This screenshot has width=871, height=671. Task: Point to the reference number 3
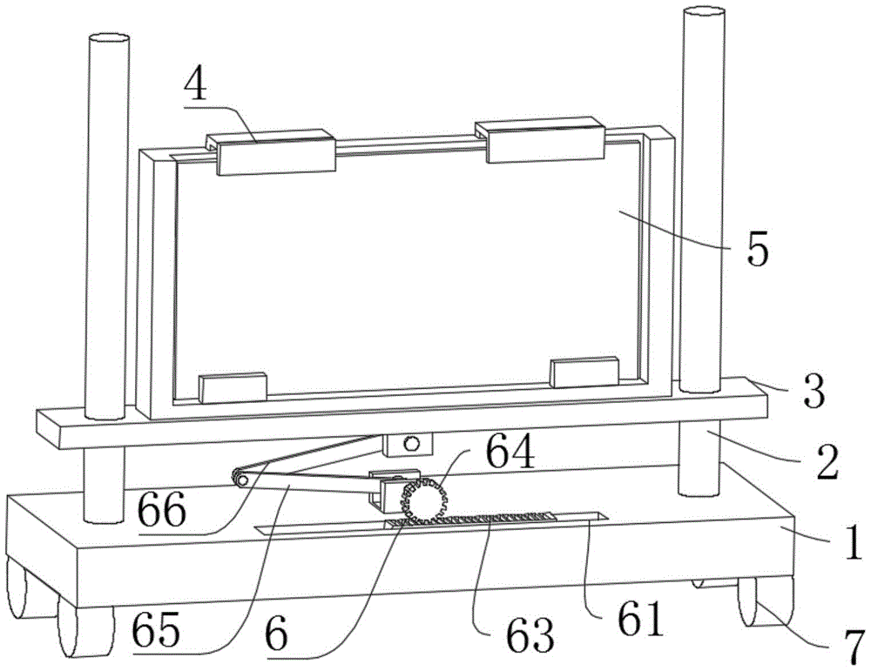(x=812, y=393)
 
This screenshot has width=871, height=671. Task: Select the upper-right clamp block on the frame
(x=545, y=143)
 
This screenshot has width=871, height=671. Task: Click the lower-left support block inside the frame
(x=232, y=387)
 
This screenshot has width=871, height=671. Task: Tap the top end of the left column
(x=109, y=40)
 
